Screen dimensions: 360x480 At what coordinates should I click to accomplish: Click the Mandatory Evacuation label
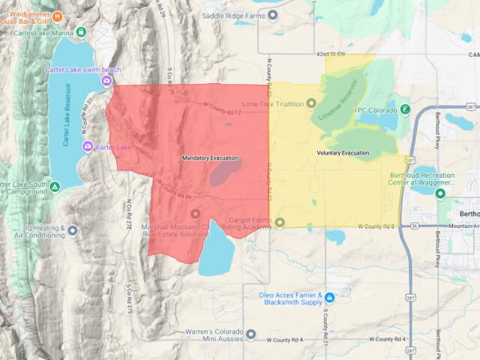[210, 158]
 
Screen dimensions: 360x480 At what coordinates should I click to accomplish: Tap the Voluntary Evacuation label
[342, 153]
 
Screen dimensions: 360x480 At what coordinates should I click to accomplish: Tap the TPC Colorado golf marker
[405, 109]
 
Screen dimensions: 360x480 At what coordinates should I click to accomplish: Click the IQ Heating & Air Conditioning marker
[73, 230]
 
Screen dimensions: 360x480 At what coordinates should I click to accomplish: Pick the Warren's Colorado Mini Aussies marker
[250, 334]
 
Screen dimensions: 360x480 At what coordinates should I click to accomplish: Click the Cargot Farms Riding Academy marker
[280, 222]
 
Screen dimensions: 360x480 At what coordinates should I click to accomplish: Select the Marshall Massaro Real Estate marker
[196, 214]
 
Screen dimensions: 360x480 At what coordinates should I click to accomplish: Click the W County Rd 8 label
[375, 226]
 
